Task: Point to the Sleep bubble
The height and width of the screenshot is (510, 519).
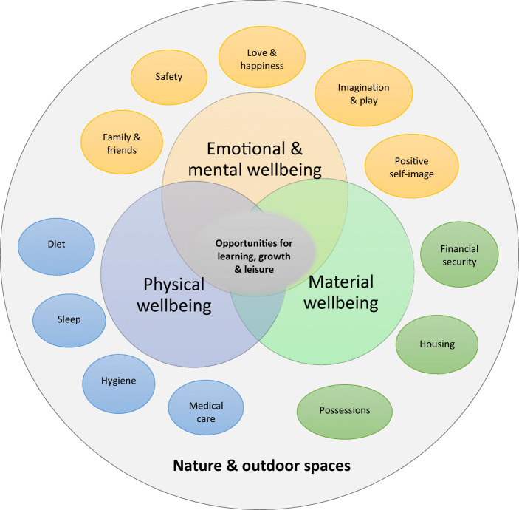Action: tap(70, 319)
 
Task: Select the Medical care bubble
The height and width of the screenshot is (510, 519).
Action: tap(206, 411)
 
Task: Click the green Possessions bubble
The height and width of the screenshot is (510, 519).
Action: tap(344, 410)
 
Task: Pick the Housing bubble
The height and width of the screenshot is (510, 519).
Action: tap(436, 344)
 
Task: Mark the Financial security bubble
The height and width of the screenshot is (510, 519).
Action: tap(459, 256)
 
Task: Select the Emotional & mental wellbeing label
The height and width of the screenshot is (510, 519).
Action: tap(255, 158)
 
